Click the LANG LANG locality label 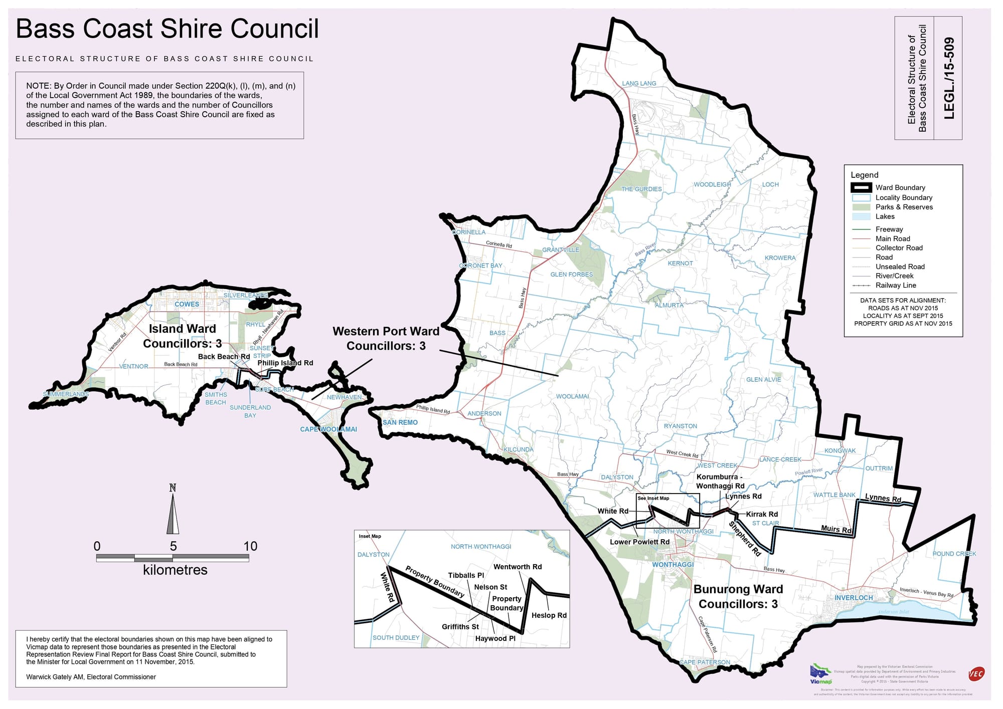639,84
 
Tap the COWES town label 187,304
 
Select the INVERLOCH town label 854,598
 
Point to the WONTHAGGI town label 673,565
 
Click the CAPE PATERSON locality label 705,662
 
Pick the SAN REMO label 400,422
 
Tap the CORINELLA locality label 468,232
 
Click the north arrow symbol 173,511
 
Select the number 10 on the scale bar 250,546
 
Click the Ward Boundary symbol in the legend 861,188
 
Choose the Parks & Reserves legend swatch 861,207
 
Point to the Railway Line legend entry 895,286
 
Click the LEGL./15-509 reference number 949,78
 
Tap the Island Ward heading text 182,329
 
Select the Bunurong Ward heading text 738,589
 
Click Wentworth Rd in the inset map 518,567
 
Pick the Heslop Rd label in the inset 549,615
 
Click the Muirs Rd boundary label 836,529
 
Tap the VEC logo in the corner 976,674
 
